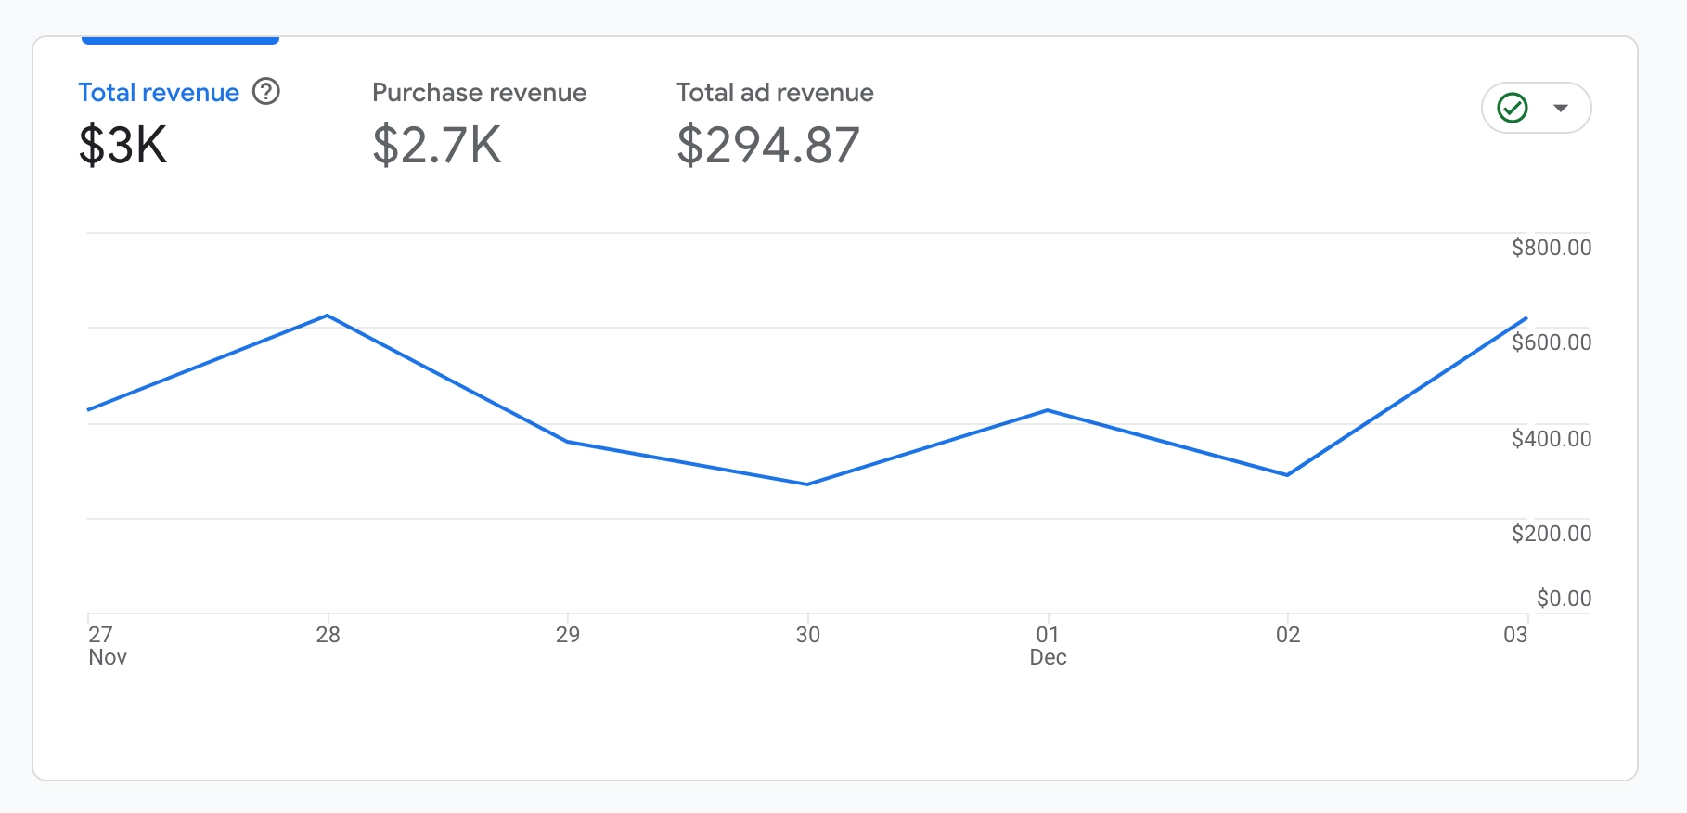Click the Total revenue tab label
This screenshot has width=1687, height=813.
(x=159, y=93)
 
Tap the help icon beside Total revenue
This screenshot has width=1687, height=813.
(x=266, y=92)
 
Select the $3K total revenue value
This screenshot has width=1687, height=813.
(x=123, y=146)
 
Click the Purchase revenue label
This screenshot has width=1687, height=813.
(x=479, y=93)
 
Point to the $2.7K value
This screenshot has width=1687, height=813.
(x=436, y=146)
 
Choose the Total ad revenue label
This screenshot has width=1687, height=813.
(x=775, y=93)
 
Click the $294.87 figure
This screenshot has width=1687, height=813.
(x=768, y=146)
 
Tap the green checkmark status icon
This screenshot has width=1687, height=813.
(x=1513, y=108)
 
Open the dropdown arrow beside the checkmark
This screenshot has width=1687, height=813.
(x=1561, y=108)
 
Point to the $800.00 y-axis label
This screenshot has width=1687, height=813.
(x=1551, y=248)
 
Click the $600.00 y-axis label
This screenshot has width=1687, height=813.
(x=1551, y=342)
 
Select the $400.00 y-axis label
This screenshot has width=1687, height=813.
(x=1551, y=439)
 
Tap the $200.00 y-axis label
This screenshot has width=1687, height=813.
(x=1551, y=534)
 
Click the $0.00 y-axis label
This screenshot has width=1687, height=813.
(x=1564, y=599)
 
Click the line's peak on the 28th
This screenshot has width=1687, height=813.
(x=328, y=316)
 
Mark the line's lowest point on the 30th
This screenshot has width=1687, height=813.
(x=807, y=484)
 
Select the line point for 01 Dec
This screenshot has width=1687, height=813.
(x=1048, y=410)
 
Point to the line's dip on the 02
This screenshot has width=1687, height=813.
(x=1287, y=475)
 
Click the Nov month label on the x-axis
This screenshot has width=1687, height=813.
(x=108, y=657)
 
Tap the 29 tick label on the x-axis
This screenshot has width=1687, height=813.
(x=568, y=635)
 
